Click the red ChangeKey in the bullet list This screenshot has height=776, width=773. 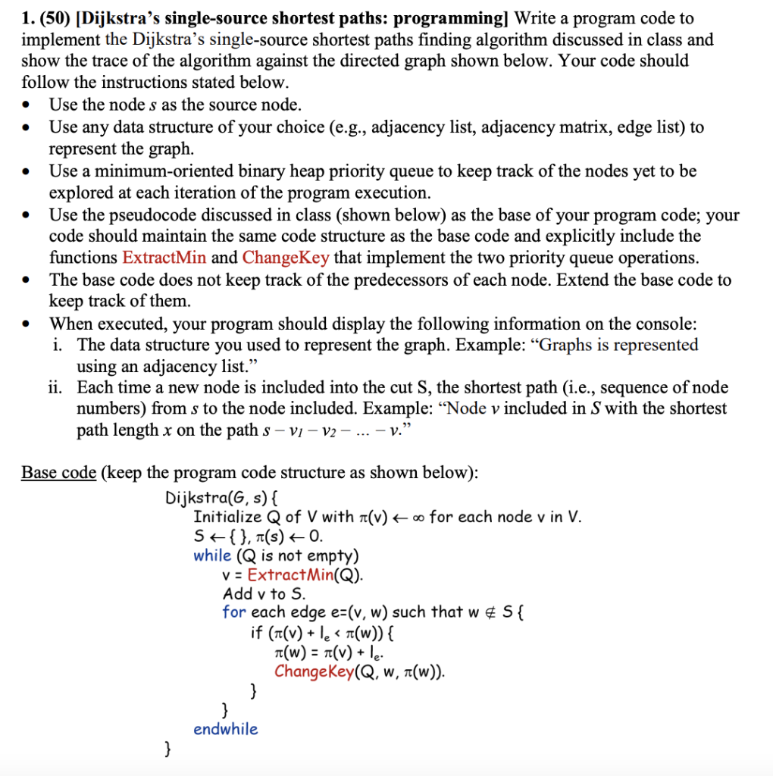(286, 257)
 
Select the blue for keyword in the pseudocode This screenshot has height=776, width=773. (234, 612)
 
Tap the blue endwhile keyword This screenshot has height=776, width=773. (226, 729)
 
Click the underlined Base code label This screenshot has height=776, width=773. (58, 473)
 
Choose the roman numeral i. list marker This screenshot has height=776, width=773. (58, 345)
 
